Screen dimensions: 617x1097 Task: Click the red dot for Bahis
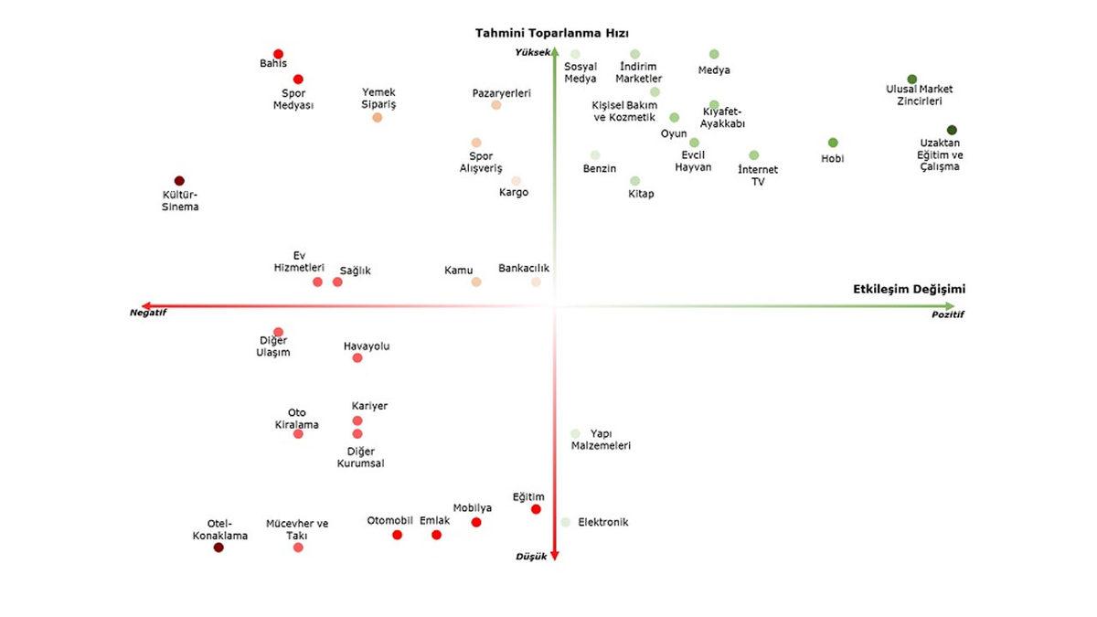(278, 54)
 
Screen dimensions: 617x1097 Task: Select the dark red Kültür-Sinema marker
(179, 181)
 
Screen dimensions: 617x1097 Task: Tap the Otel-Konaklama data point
(218, 548)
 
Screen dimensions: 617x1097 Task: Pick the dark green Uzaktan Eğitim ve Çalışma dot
(952, 130)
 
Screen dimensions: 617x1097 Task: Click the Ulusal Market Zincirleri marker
(911, 80)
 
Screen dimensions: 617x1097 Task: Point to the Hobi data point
(833, 143)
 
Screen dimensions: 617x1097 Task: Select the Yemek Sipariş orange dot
(378, 117)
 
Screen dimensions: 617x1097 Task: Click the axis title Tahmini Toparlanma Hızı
(551, 33)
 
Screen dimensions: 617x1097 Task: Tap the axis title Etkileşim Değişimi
(909, 289)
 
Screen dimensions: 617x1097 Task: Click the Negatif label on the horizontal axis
(148, 313)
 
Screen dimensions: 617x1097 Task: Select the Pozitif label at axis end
(948, 314)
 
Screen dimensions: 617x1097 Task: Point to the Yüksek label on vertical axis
(533, 52)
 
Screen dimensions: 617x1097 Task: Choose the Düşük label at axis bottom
(531, 556)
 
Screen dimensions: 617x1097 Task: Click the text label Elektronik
(603, 522)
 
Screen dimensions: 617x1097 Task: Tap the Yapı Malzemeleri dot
(575, 433)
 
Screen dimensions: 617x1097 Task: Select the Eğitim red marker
(536, 509)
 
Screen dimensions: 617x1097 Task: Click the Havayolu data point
(357, 357)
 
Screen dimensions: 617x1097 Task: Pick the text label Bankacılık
(524, 269)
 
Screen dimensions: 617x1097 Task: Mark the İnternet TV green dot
(754, 155)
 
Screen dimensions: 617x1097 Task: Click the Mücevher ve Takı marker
(298, 548)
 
